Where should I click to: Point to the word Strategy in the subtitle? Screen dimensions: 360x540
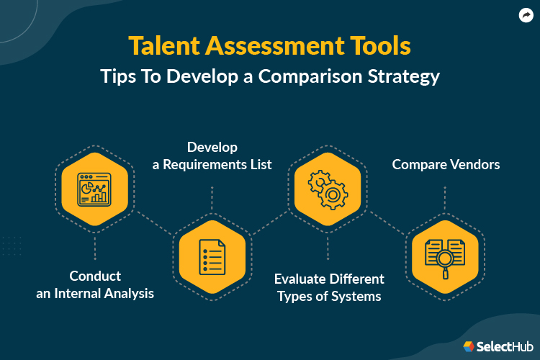pos(402,76)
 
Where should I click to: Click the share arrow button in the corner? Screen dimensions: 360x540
pos(526,14)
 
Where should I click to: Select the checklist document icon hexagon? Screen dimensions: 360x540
pos(212,256)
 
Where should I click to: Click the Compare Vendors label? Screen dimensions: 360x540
pos(445,165)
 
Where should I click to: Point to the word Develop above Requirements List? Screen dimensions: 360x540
pos(212,148)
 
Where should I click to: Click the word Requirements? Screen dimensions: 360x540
pos(207,165)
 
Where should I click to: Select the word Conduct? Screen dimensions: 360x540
pos(95,276)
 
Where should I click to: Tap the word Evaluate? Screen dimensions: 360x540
pos(302,279)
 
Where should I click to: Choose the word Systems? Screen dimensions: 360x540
pos(356,296)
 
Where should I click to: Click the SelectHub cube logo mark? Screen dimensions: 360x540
pos(468,346)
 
